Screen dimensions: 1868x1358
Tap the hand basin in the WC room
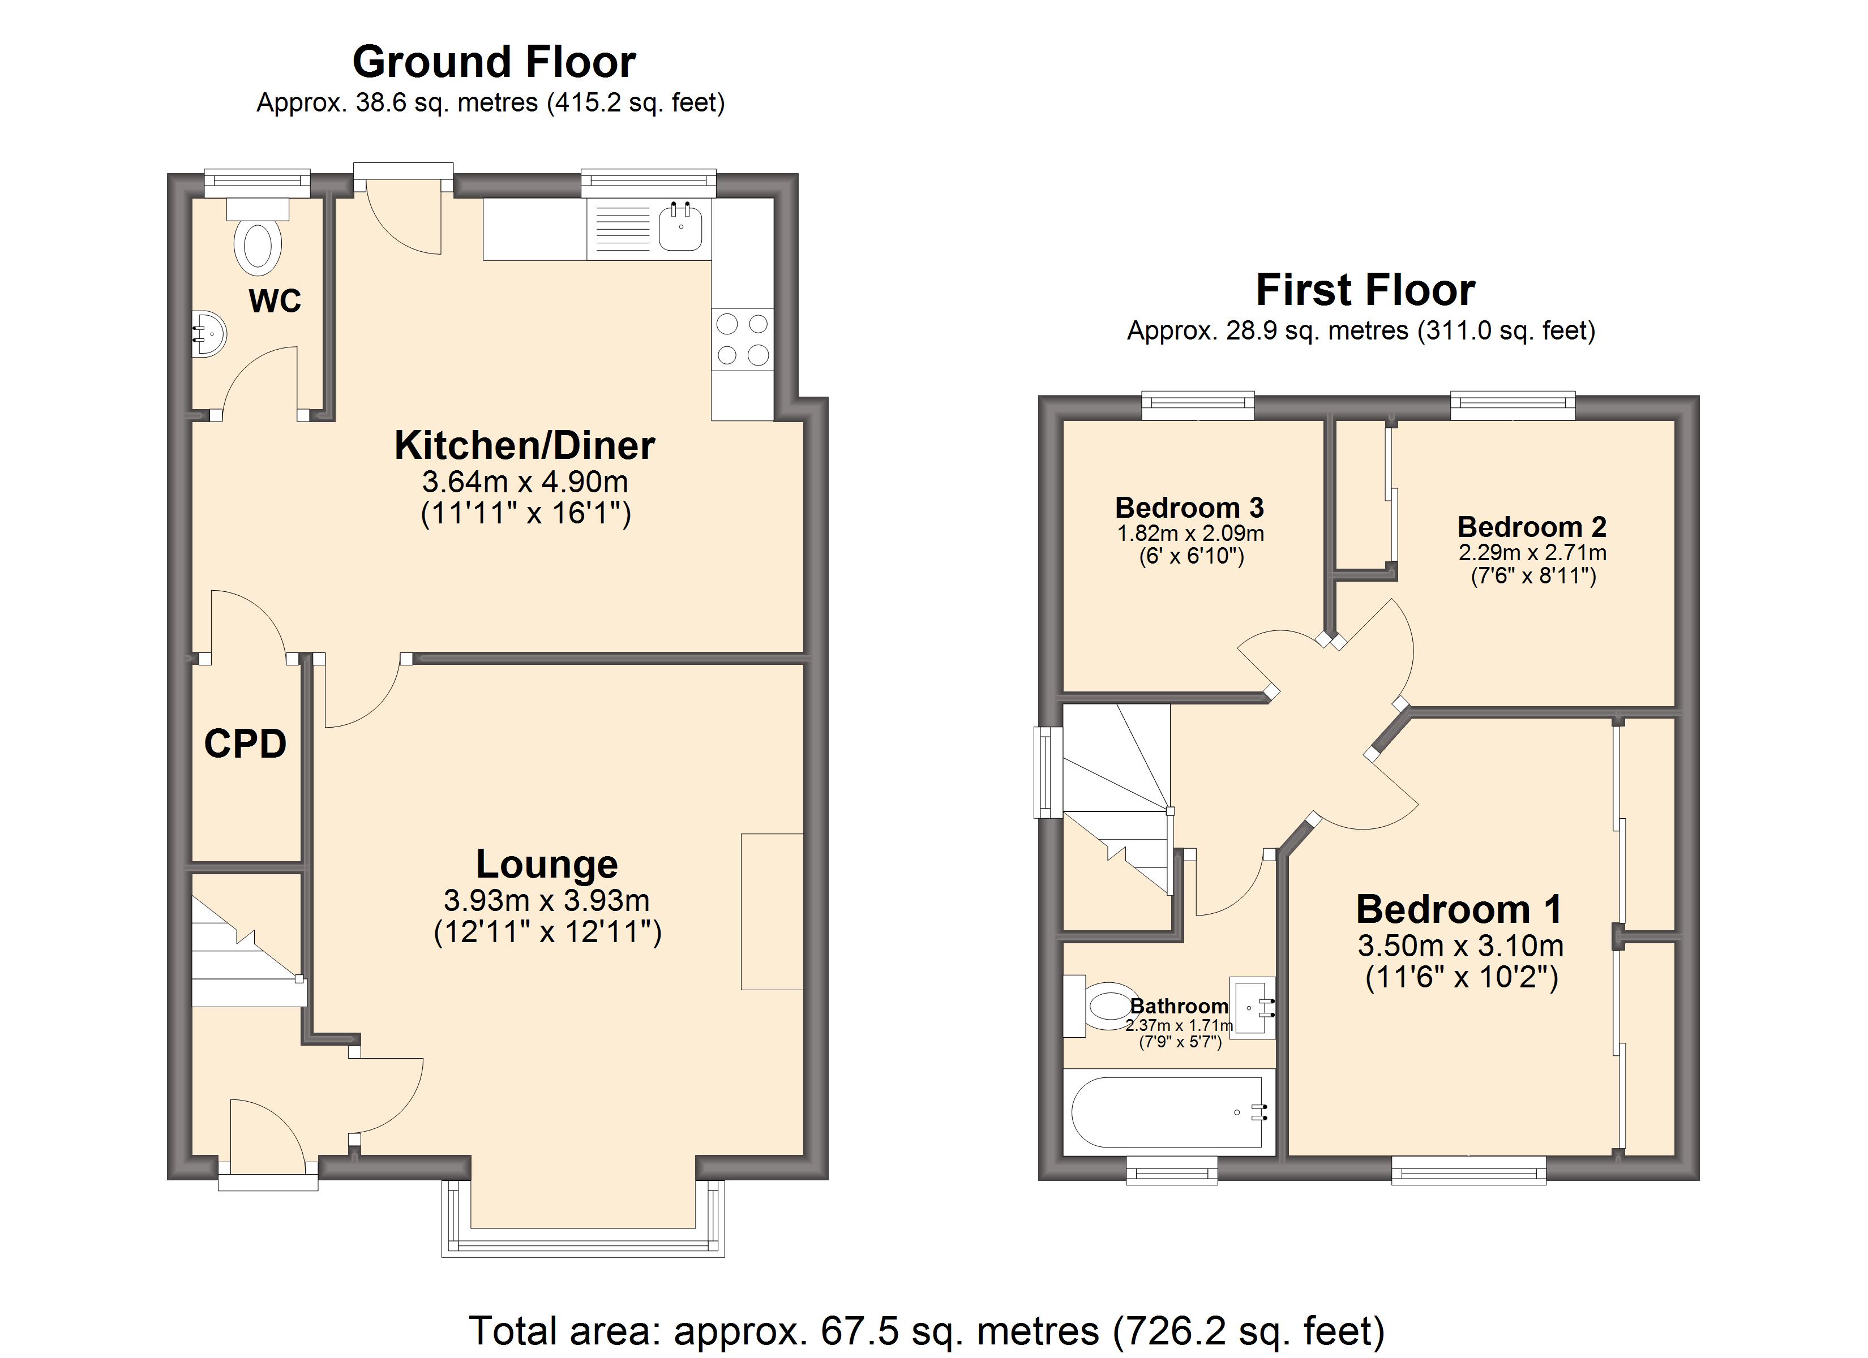coord(208,333)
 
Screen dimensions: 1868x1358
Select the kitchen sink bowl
coord(680,227)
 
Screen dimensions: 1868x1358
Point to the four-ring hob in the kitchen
coord(742,340)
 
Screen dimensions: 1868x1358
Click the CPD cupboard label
coord(246,744)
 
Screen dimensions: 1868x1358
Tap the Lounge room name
coord(547,864)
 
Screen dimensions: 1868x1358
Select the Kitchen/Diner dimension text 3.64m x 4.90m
coord(525,481)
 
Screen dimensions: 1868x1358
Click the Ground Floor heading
coord(494,62)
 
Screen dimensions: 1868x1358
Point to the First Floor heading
coord(1365,290)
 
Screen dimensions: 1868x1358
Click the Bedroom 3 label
coord(1189,508)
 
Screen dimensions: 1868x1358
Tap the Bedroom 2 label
coord(1532,526)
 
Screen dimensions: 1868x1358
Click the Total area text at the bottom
coord(927,1331)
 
